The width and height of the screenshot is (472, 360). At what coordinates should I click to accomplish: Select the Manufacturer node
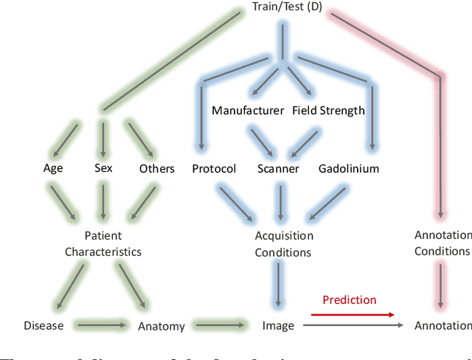(x=248, y=111)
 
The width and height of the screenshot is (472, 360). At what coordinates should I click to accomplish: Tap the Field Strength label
(x=328, y=111)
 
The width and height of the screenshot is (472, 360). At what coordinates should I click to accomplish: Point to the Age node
(x=53, y=168)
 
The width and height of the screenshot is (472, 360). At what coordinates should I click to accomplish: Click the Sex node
(x=103, y=168)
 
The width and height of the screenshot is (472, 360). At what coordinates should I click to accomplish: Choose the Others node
(x=157, y=169)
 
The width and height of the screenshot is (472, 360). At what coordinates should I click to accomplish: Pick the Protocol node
(x=214, y=169)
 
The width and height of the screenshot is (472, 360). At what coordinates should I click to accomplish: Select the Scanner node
(x=278, y=169)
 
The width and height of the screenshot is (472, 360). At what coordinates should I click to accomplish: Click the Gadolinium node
(x=348, y=169)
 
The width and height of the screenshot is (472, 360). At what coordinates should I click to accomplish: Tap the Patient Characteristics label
(x=103, y=244)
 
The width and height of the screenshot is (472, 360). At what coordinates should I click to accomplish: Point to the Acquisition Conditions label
(x=284, y=244)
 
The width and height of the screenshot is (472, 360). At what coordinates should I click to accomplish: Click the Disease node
(x=43, y=325)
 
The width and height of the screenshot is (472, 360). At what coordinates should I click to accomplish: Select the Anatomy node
(x=161, y=325)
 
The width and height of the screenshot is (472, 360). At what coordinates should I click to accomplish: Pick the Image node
(x=278, y=325)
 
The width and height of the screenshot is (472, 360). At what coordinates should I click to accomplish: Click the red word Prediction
(x=349, y=300)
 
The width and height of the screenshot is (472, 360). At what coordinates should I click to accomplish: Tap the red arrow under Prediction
(x=351, y=314)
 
